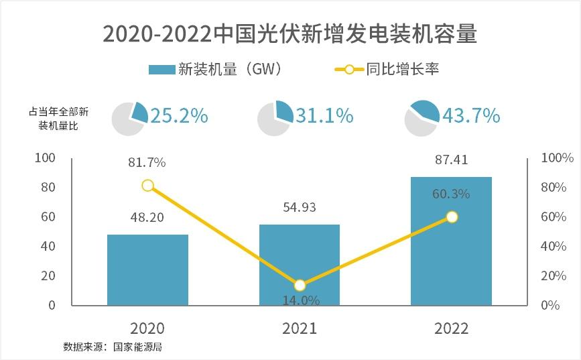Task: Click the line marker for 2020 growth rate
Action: point(148,186)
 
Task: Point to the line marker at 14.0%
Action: point(300,285)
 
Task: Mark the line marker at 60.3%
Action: point(452,217)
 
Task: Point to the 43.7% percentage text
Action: point(471,116)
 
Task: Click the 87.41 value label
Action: point(451,160)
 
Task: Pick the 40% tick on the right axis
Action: point(553,247)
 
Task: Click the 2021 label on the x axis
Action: point(300,328)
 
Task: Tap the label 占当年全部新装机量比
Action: point(59,117)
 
